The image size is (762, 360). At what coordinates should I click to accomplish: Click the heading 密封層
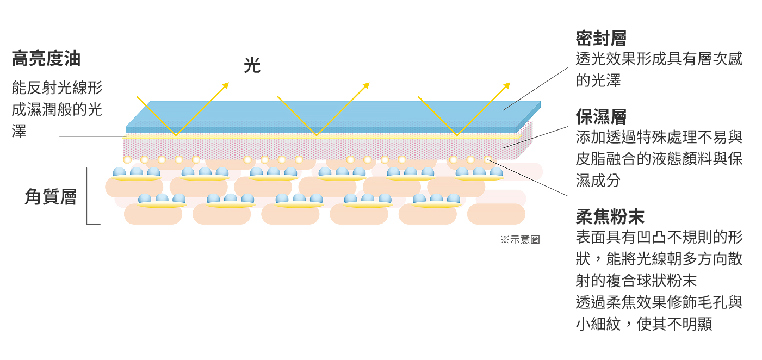tap(601, 39)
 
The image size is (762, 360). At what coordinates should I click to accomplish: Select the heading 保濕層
tap(601, 116)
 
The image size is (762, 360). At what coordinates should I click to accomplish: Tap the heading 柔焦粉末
tap(610, 216)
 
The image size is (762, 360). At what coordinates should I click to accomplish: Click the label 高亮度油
tap(46, 59)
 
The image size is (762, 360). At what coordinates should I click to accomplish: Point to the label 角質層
tap(50, 197)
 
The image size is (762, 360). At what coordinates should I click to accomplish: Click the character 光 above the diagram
tap(252, 66)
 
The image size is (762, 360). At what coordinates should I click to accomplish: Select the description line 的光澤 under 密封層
tap(598, 80)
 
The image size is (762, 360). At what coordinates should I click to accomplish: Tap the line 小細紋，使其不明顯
tap(644, 324)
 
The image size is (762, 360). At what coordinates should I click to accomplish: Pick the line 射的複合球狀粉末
tap(636, 281)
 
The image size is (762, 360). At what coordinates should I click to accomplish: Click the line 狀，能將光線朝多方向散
tap(659, 259)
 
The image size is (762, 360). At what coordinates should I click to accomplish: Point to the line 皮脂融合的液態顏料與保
tap(659, 159)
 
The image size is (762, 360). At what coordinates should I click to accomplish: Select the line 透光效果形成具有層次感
tap(659, 59)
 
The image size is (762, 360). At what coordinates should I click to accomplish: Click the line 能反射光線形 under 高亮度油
tap(57, 88)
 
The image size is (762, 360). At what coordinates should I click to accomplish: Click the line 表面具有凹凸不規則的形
tap(659, 238)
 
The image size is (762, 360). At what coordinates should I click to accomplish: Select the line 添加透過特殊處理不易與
tap(659, 137)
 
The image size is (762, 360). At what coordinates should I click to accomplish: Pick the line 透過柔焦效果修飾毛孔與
tap(659, 302)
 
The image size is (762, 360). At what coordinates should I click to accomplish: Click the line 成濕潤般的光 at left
tap(57, 109)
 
